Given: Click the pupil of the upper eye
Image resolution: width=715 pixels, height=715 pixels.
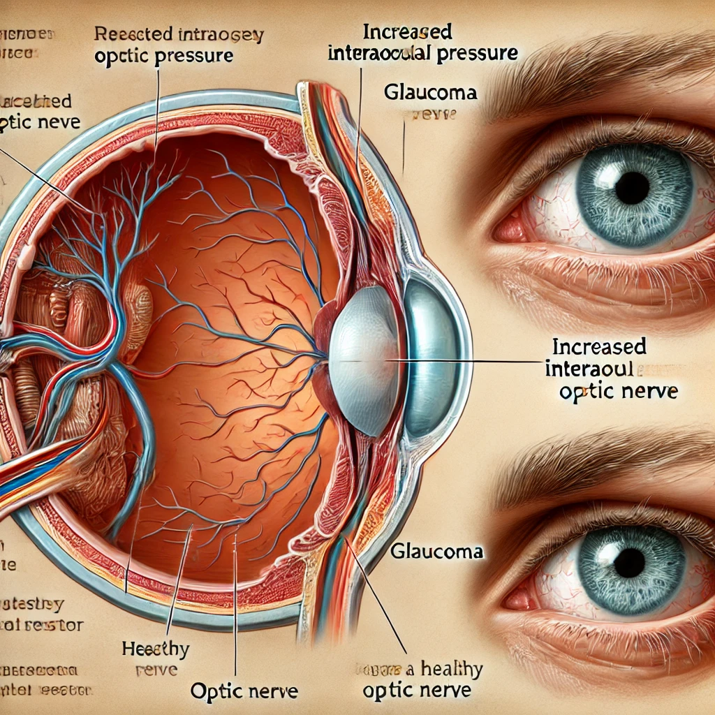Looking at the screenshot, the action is (x=633, y=187).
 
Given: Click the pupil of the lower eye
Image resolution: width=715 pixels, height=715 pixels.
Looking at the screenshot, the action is (x=630, y=562).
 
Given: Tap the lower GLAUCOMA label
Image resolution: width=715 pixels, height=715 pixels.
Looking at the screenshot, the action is (x=437, y=551).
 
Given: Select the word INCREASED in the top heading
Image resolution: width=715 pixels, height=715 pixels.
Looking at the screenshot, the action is (x=406, y=32).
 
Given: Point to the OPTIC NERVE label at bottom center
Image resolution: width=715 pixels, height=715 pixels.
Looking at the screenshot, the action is (x=244, y=692).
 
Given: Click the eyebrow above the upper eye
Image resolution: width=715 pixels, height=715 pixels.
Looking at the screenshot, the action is (x=594, y=84).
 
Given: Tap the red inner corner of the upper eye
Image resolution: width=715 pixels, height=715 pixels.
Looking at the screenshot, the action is (x=508, y=227).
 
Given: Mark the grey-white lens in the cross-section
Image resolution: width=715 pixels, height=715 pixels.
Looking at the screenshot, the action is (x=363, y=360).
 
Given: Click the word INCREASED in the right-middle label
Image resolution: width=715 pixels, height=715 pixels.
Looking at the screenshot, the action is (x=598, y=346).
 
